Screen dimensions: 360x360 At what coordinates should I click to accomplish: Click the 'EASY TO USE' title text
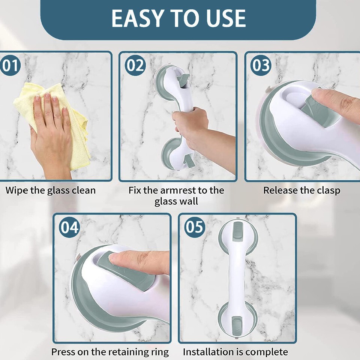(x=178, y=18)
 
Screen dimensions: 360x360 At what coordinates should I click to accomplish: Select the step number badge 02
(x=135, y=65)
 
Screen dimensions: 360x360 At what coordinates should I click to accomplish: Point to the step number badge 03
(x=261, y=65)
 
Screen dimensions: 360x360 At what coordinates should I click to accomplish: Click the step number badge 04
(x=69, y=227)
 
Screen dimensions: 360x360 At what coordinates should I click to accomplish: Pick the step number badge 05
(x=194, y=227)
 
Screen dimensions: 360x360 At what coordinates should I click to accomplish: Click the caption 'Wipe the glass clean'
(x=51, y=190)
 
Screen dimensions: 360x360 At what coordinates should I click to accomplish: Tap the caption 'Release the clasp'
(x=301, y=190)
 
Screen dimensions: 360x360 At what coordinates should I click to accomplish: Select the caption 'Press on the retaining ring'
(x=110, y=352)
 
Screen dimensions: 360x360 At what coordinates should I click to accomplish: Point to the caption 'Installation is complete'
(x=235, y=352)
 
